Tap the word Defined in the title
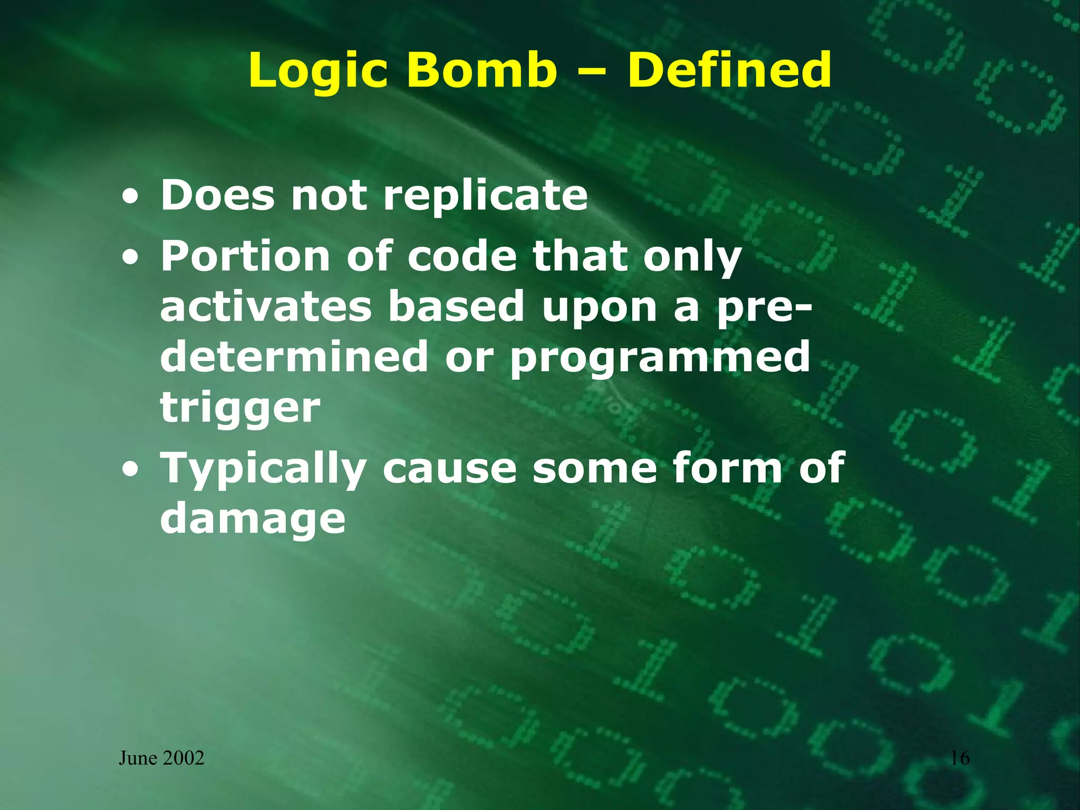729,71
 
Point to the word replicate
485,196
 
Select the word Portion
245,257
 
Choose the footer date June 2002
161,758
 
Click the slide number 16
960,758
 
